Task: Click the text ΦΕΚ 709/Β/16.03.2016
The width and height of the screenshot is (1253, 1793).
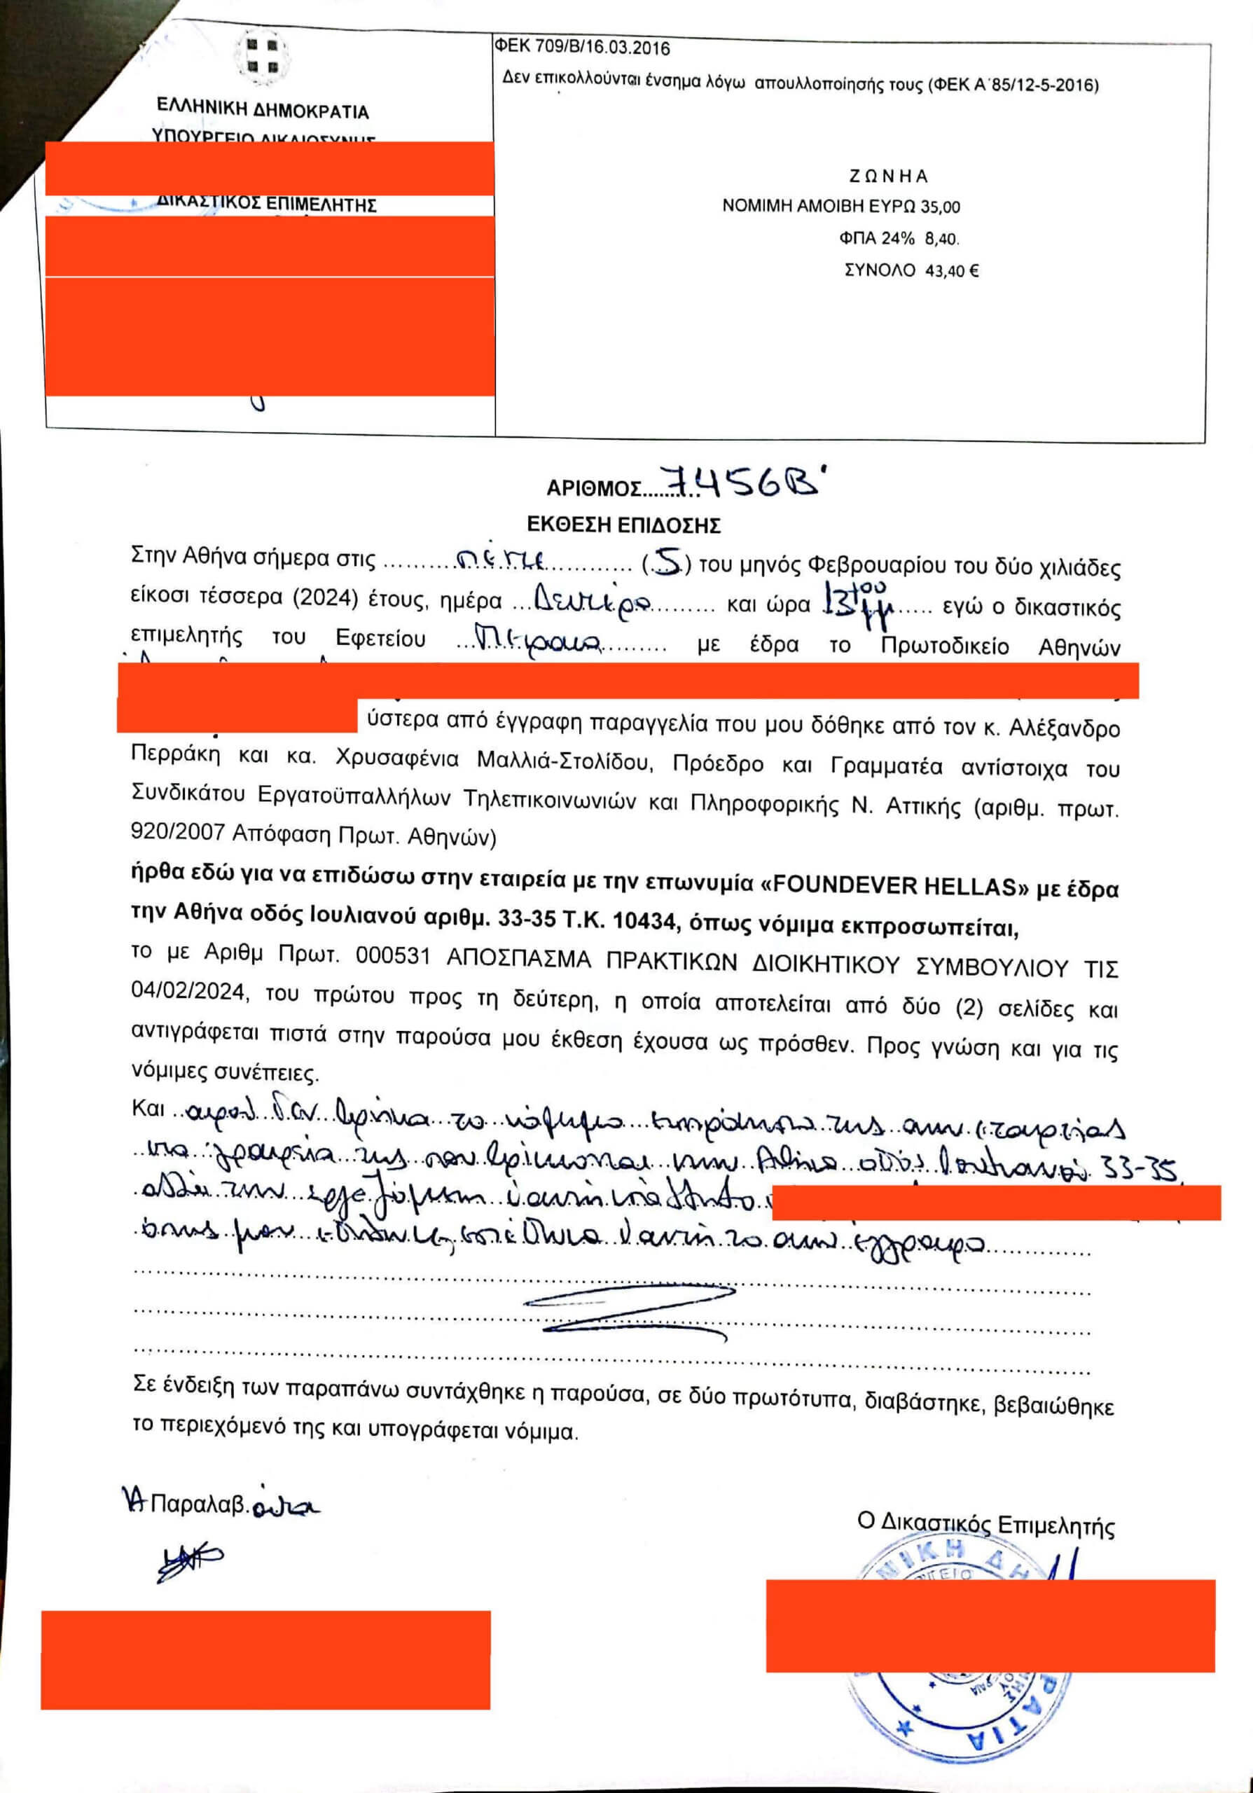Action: pos(581,48)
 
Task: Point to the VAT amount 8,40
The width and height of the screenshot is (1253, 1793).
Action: pos(941,238)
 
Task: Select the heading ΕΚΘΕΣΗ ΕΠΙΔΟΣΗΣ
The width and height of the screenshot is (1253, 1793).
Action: pos(623,525)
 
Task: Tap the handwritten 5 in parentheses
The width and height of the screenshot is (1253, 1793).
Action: pos(665,562)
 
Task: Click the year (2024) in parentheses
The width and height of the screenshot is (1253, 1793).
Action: pos(325,599)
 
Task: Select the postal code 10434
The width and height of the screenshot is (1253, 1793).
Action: pos(644,922)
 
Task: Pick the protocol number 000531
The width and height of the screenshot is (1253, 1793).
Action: pos(393,955)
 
